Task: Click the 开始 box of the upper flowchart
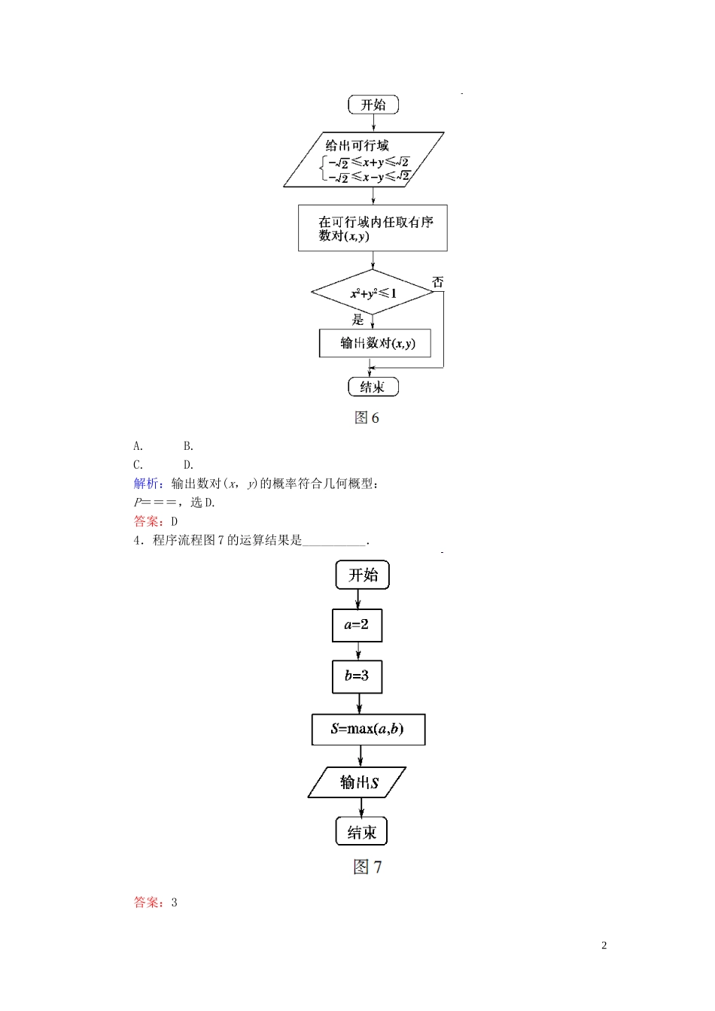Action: [373, 105]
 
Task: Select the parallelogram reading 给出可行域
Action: [364, 159]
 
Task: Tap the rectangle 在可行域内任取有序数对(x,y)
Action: [373, 228]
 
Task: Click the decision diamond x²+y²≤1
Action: [373, 293]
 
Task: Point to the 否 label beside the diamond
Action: [438, 282]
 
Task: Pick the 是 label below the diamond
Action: [358, 320]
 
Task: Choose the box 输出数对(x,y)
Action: [375, 343]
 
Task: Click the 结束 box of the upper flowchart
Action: [373, 387]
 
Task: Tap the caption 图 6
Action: [367, 417]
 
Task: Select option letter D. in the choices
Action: [188, 465]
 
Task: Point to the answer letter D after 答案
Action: [174, 521]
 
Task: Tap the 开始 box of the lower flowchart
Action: [362, 575]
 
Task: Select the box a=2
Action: [357, 625]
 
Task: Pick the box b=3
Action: [357, 676]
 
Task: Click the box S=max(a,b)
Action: [368, 729]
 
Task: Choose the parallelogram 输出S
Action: [357, 782]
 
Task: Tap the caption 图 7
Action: [367, 867]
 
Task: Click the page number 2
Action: [604, 946]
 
